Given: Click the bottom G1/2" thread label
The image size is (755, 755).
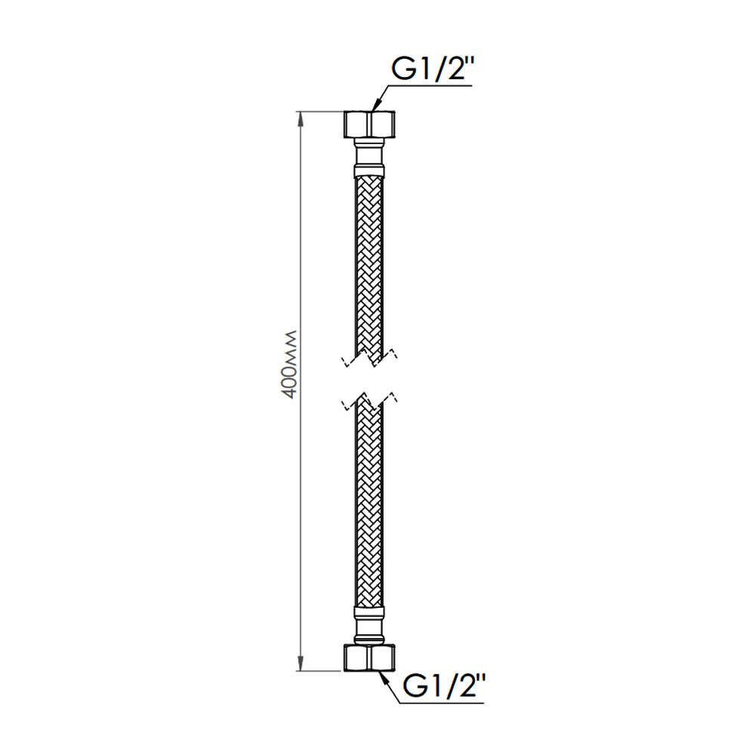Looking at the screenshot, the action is tap(443, 686).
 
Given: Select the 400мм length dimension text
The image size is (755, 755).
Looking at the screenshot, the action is tap(290, 365).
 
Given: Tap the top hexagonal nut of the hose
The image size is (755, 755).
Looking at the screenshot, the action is tap(369, 125).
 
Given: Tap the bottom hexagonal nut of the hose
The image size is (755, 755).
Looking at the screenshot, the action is tap(369, 658).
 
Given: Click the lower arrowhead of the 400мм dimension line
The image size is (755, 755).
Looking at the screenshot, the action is tap(300, 663).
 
